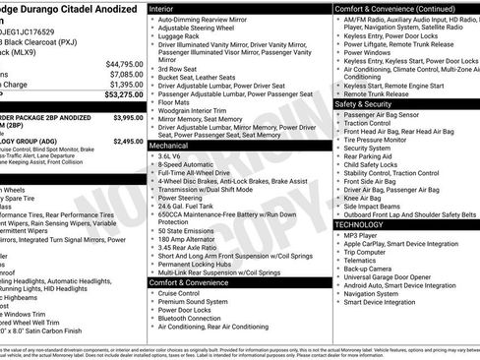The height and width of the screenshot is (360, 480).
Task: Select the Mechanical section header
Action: click(170, 144)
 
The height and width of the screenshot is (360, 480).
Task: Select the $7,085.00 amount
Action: click(126, 74)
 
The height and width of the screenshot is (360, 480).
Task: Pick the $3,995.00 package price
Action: click(128, 117)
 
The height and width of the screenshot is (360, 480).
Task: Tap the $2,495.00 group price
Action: click(128, 142)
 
